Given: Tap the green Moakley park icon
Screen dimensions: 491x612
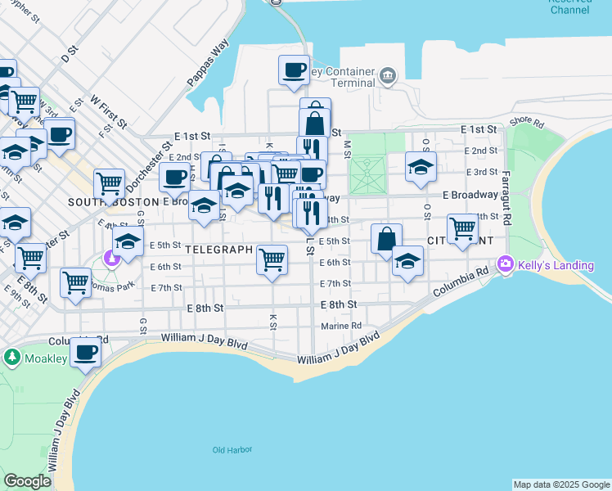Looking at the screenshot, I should (x=12, y=357).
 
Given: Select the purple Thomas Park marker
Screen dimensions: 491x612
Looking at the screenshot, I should (x=111, y=259).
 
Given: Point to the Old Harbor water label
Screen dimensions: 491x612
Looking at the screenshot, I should (x=232, y=450).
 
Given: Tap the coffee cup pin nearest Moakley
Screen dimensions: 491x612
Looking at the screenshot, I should (x=85, y=353).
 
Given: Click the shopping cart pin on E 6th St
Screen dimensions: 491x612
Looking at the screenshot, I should (x=272, y=259).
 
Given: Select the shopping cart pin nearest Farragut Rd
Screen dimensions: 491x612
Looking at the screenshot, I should (x=462, y=228).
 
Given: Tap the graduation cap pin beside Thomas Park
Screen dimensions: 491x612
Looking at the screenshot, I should (x=128, y=241).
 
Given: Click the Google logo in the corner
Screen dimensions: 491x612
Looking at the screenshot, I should (x=28, y=482).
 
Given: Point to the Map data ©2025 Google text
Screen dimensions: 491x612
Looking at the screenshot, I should (x=561, y=484).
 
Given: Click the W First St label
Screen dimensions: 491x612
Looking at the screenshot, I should (x=109, y=111).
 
